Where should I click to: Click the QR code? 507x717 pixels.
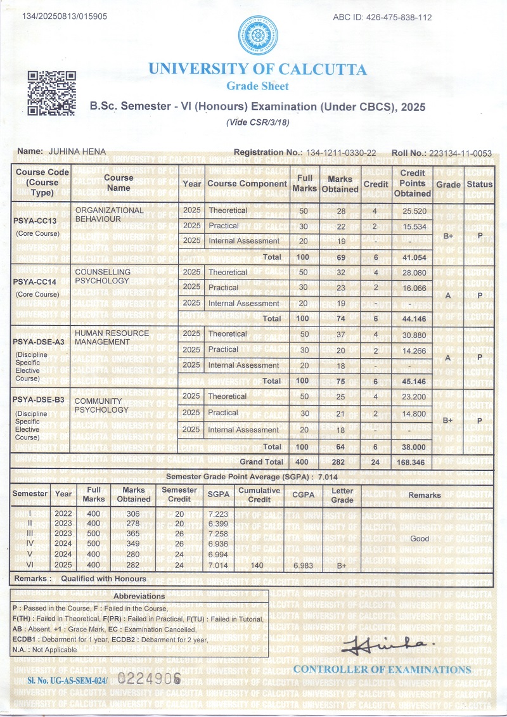pos(52,93)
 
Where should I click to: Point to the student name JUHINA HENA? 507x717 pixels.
pos(77,152)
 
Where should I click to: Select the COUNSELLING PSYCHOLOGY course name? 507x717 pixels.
pos(103,276)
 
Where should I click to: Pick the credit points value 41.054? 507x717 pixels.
pos(411,257)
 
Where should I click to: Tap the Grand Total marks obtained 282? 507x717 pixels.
pos(340,462)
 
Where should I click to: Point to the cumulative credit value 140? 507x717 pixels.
pos(257,565)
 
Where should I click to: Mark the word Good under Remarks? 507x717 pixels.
pos(420,538)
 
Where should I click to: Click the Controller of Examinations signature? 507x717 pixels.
pos(380,645)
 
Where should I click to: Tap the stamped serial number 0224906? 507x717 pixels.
pos(150,677)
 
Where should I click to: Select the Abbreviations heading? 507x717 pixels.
pos(139,596)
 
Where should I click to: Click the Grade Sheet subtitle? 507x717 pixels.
pos(257,86)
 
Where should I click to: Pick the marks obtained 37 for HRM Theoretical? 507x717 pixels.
pos(340,334)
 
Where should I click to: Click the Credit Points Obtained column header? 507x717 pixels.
pos(412,183)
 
